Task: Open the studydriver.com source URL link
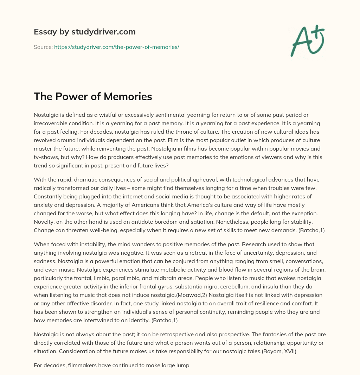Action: point(116,47)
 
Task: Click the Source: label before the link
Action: point(43,47)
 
